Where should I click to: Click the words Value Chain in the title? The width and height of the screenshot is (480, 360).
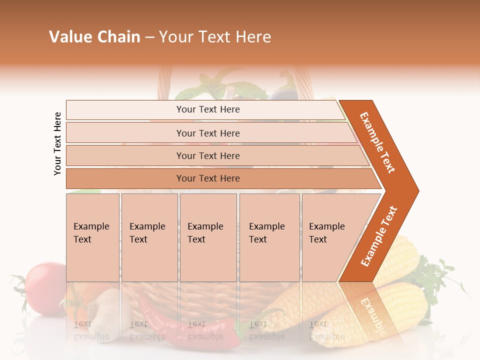pyautogui.click(x=94, y=37)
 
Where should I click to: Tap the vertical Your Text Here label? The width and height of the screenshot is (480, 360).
pyautogui.click(x=57, y=143)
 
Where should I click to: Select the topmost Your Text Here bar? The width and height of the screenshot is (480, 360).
pyautogui.click(x=207, y=109)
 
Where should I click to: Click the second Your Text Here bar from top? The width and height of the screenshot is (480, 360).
pyautogui.click(x=207, y=133)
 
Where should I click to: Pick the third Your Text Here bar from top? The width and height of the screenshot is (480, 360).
pyautogui.click(x=207, y=155)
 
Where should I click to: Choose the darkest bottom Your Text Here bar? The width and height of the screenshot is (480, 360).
pyautogui.click(x=207, y=178)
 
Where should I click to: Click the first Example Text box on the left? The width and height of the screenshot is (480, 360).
pyautogui.click(x=92, y=237)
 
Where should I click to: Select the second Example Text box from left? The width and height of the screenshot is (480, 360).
pyautogui.click(x=149, y=237)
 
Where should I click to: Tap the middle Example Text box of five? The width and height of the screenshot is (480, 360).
pyautogui.click(x=208, y=237)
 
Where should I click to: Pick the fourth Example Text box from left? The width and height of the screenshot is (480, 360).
pyautogui.click(x=269, y=237)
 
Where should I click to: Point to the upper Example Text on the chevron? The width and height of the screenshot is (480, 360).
pyautogui.click(x=378, y=142)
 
